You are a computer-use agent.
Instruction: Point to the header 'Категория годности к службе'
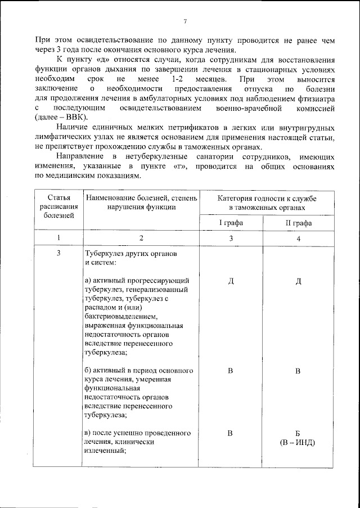tap(267, 200)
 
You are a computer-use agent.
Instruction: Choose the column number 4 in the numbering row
tap(298, 239)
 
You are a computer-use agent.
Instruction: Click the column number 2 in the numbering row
tap(141, 239)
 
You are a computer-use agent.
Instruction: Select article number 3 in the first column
tap(58, 254)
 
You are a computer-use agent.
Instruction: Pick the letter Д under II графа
tap(298, 281)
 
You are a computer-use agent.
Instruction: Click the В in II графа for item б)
tap(298, 371)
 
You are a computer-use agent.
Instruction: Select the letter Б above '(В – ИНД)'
tap(298, 433)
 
